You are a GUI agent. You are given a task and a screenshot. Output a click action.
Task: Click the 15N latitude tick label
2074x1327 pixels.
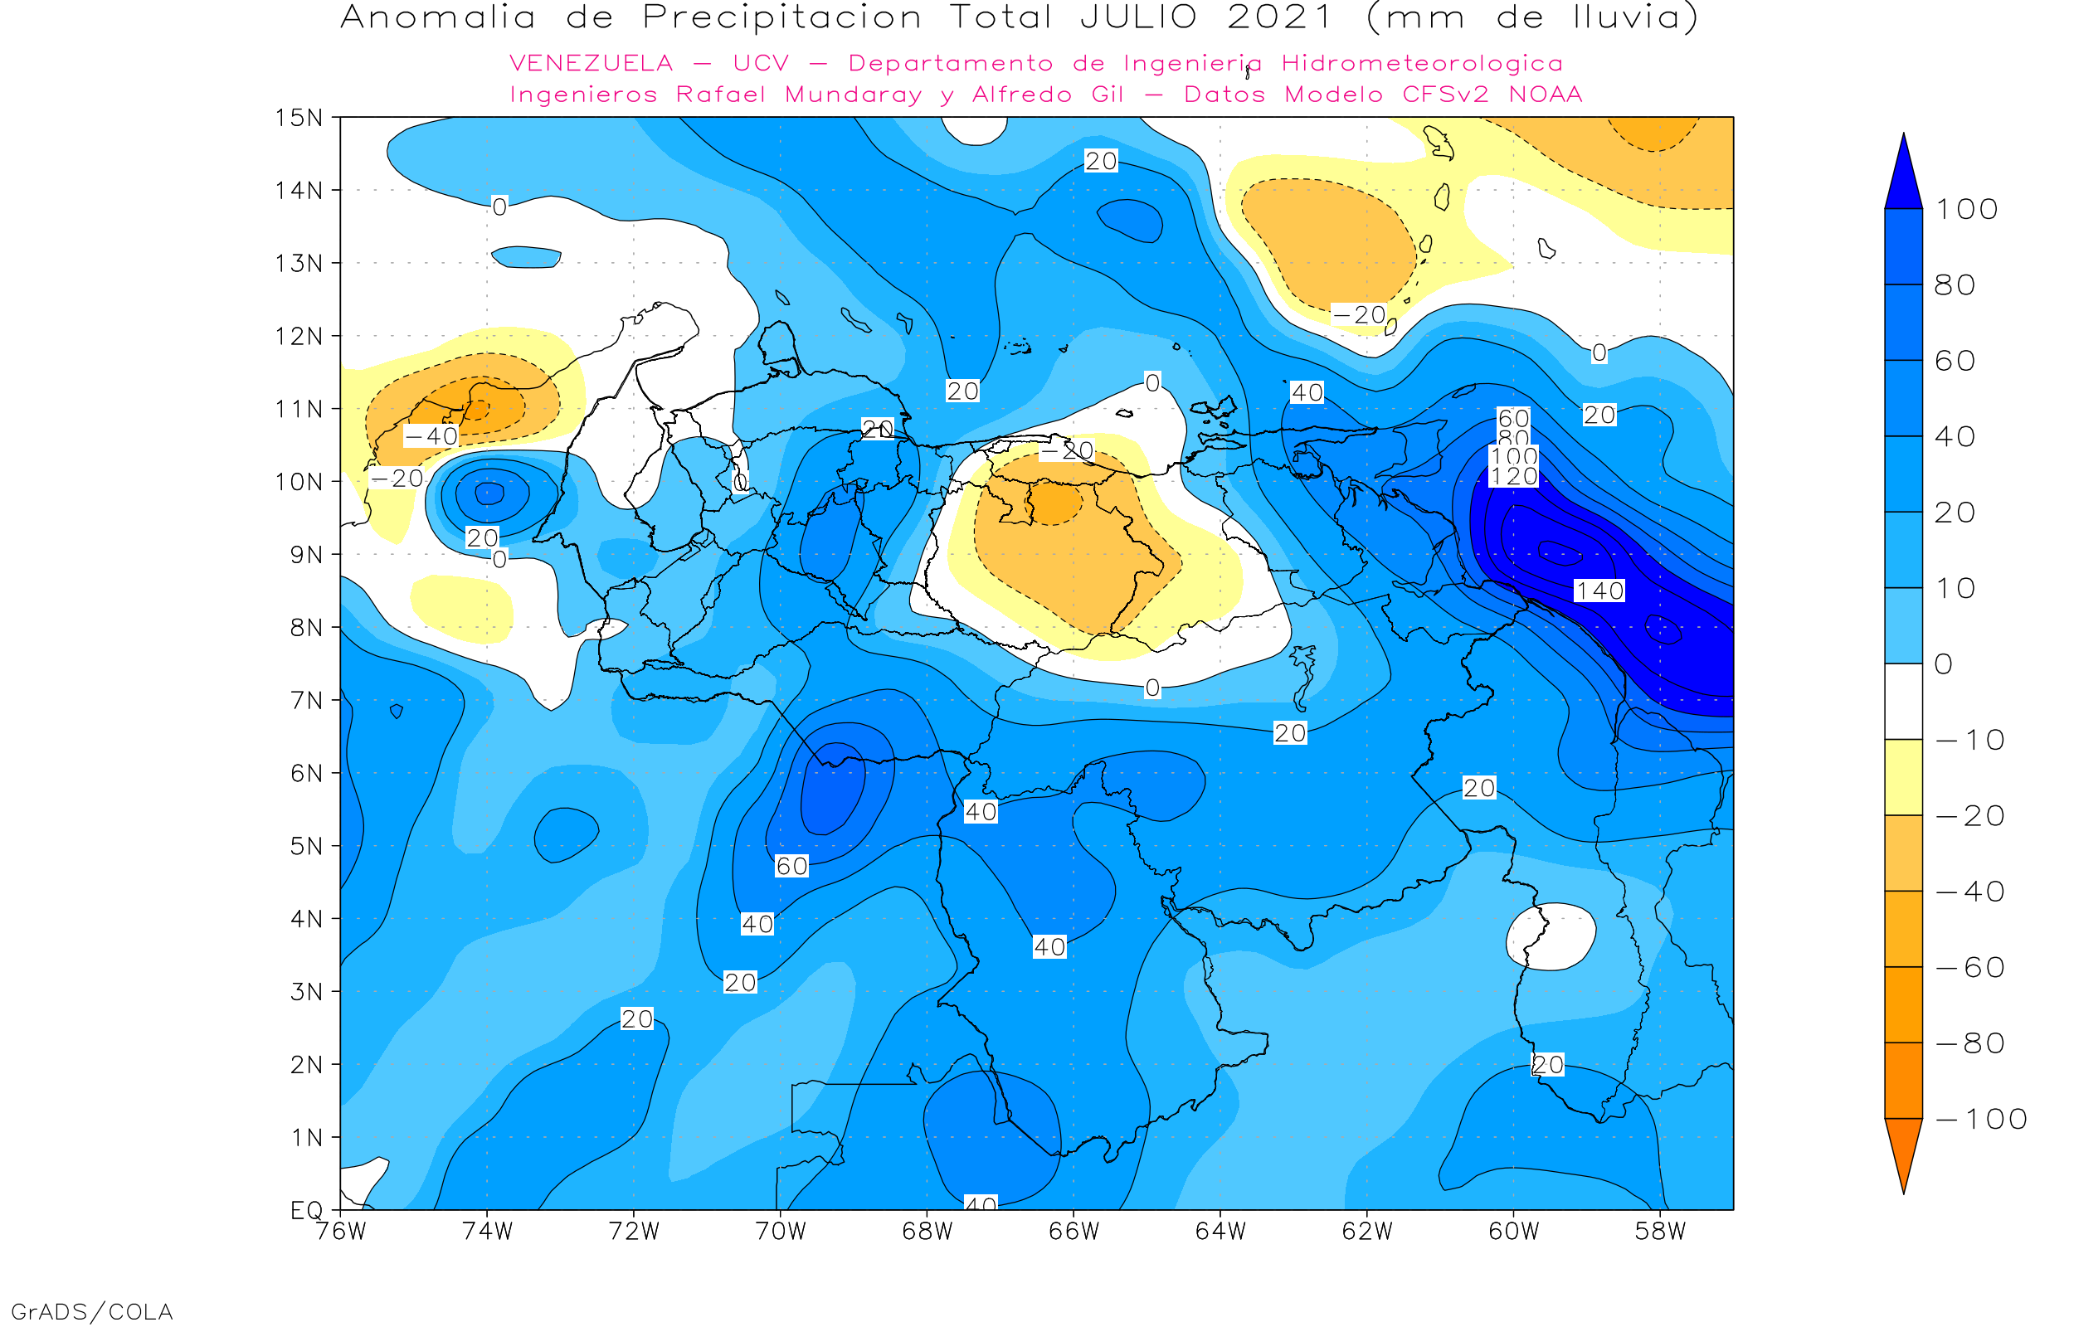point(298,117)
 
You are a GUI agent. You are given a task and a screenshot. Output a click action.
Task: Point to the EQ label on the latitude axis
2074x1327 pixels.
point(306,1210)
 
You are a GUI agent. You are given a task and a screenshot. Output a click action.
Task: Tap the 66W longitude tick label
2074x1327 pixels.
point(1074,1232)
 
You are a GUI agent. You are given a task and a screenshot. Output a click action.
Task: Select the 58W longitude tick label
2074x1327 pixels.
point(1659,1232)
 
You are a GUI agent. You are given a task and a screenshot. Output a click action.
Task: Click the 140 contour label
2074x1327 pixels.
point(1599,591)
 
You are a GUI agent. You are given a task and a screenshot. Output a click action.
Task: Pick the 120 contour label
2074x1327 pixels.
point(1514,477)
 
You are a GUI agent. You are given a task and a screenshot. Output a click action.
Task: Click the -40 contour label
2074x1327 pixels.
point(431,436)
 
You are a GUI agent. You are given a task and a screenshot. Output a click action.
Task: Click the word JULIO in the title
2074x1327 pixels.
point(1138,17)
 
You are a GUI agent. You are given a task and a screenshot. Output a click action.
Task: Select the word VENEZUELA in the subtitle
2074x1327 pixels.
point(592,63)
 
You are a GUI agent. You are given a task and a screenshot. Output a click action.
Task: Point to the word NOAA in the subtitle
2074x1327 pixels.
point(1545,94)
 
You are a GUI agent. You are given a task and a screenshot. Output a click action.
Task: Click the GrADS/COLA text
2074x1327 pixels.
point(91,1311)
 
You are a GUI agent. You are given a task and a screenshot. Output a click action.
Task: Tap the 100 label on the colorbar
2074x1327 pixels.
point(1966,208)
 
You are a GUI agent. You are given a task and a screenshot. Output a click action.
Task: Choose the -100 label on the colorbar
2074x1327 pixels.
point(1981,1119)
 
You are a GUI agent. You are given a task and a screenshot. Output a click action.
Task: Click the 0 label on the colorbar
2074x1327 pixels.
point(1943,663)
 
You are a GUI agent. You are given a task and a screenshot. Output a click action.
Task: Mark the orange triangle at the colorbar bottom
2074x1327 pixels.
point(1903,1150)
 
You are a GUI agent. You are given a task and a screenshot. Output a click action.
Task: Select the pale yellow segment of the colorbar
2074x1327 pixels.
point(1903,777)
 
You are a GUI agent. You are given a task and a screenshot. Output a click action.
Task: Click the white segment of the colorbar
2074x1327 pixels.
point(1903,702)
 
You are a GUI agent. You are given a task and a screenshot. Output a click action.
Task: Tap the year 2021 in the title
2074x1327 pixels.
point(1279,17)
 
